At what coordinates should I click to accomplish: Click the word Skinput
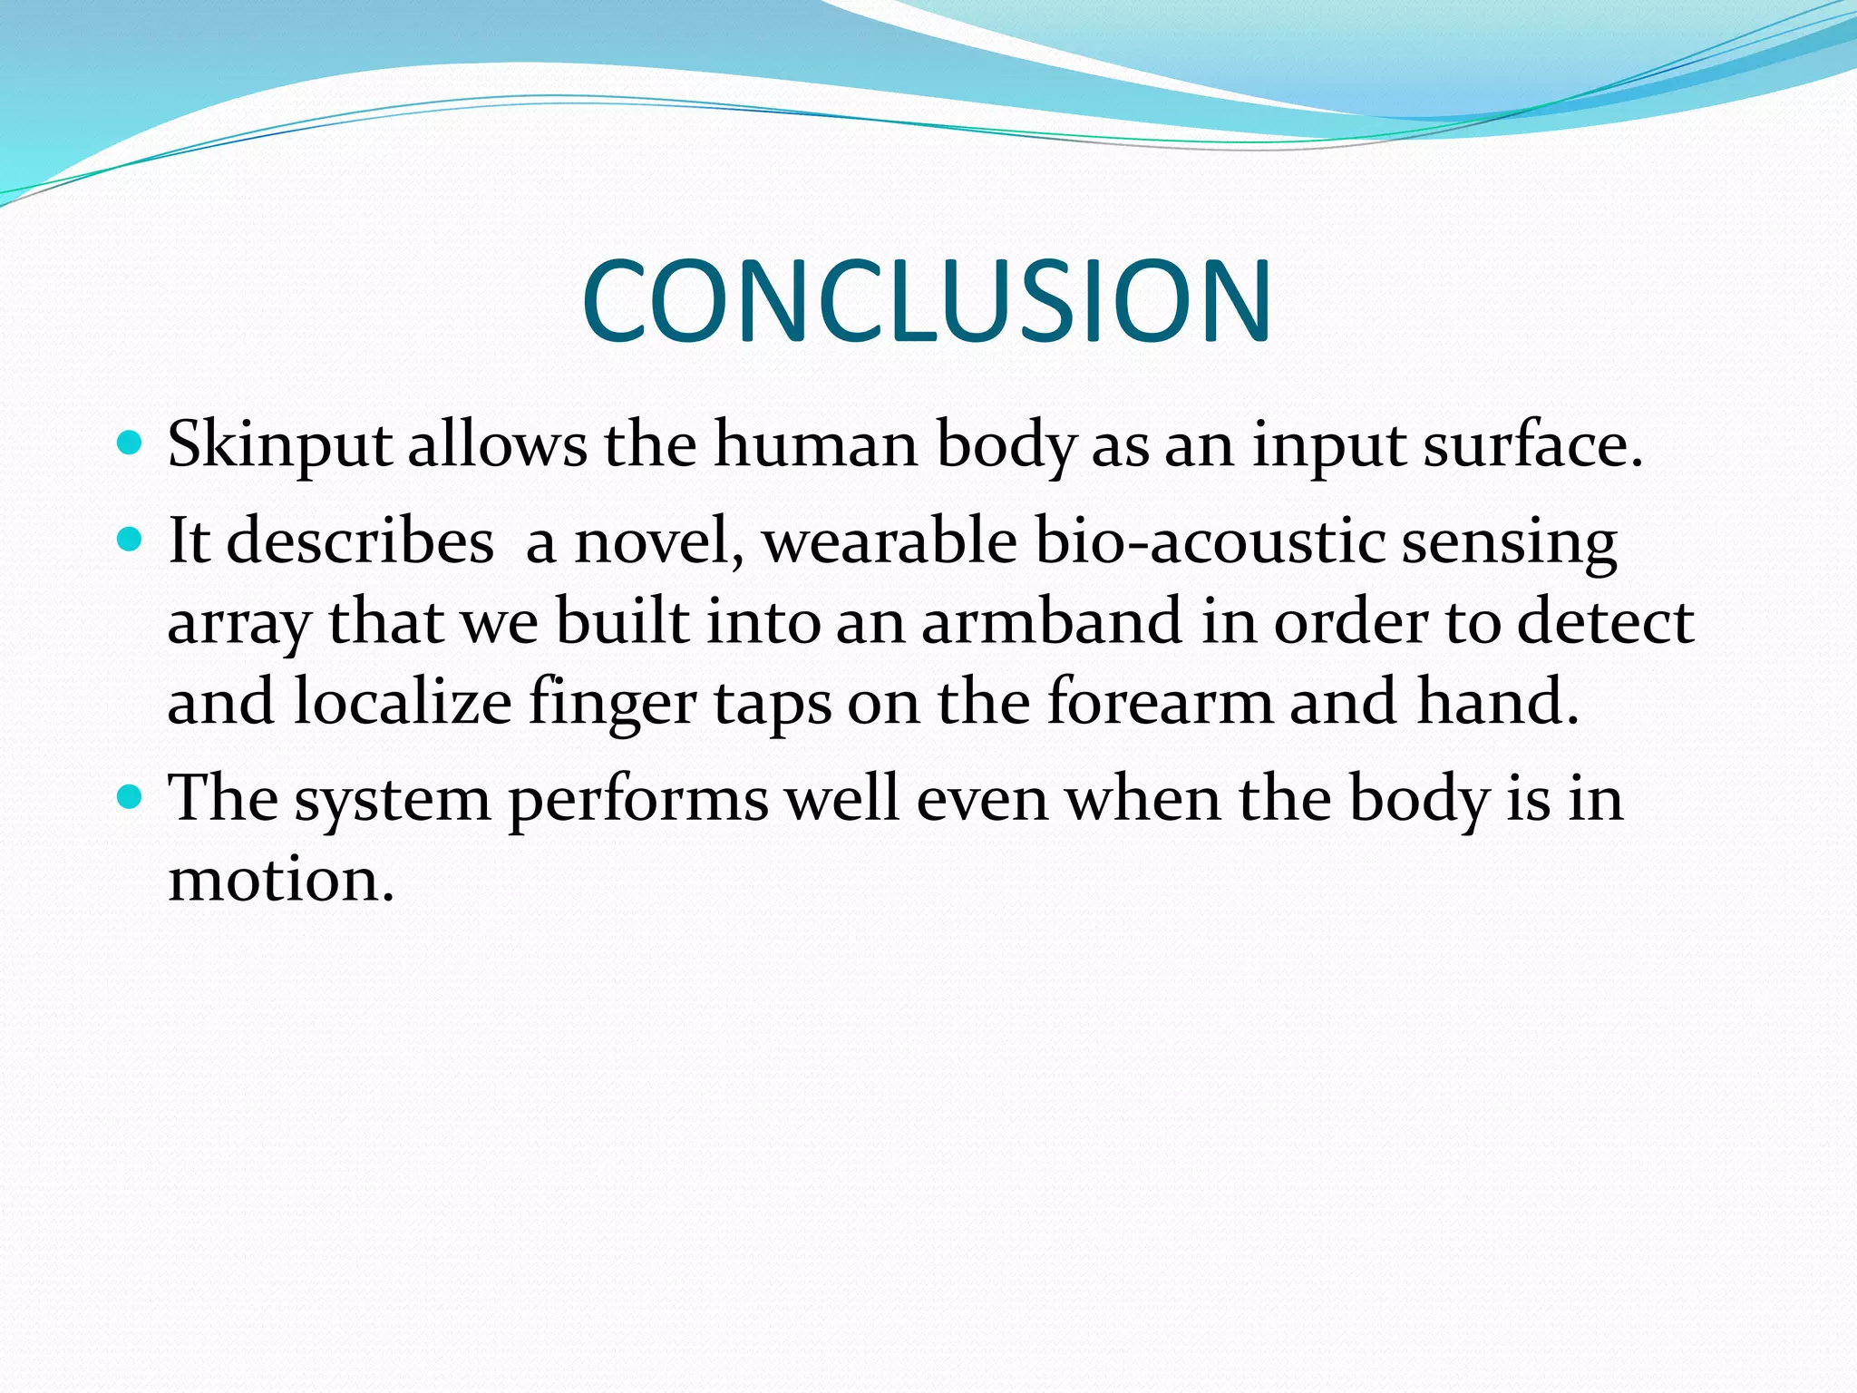click(279, 446)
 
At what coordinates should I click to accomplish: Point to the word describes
click(360, 541)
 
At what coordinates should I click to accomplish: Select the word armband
click(1052, 622)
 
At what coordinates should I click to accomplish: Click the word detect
click(1605, 622)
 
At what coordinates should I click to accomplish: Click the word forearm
click(1160, 702)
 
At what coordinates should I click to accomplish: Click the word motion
click(281, 880)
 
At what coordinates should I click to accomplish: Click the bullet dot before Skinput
click(131, 443)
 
